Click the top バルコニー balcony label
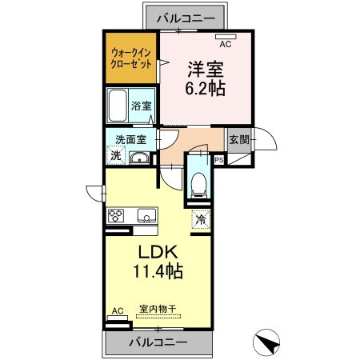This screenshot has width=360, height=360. (180, 16)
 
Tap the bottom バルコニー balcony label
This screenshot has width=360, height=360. (159, 342)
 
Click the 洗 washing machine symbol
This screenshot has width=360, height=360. (117, 157)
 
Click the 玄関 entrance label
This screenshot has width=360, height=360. (238, 138)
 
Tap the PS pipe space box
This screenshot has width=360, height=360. (218, 158)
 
